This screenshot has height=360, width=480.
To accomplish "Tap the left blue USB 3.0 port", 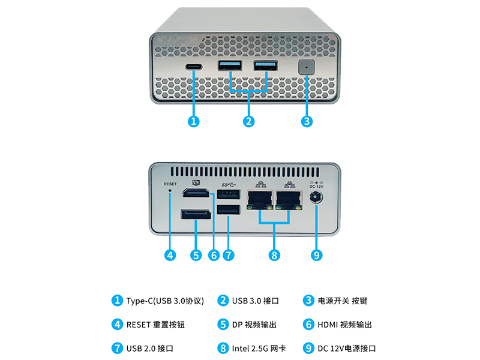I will [230, 65].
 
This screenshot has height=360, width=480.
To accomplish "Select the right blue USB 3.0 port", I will [266, 65].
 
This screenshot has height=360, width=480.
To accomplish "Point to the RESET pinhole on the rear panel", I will [170, 193].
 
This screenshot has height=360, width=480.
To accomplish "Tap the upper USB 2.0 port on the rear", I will [229, 194].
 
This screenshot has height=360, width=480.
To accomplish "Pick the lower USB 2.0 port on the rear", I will [229, 210].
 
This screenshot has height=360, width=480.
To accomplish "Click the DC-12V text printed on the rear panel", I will [316, 187].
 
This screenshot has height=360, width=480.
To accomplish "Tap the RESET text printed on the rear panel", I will [170, 184].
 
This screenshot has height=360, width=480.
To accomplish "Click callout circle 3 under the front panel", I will [306, 121].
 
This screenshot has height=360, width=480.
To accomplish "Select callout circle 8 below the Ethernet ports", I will [274, 255].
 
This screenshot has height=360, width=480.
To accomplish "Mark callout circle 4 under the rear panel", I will [170, 255].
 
